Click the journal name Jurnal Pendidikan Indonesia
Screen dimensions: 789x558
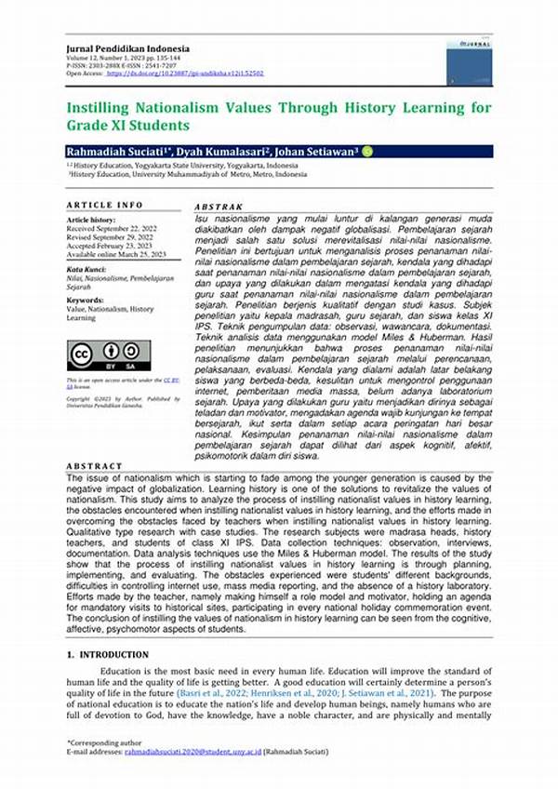(x=127, y=48)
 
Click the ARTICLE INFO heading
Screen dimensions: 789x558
(x=105, y=205)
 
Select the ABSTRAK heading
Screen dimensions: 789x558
(x=219, y=207)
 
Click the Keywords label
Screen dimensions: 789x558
(x=86, y=301)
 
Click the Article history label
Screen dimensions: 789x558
(x=91, y=221)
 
